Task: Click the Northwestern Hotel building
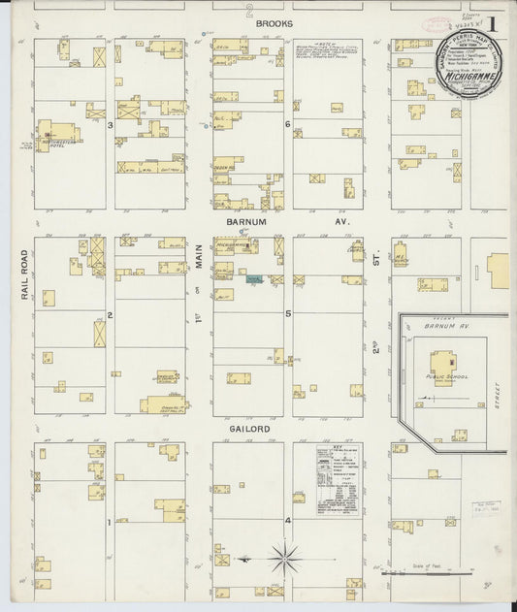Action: point(61,134)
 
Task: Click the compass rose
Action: point(285,558)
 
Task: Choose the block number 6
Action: point(288,125)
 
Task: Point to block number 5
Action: point(288,314)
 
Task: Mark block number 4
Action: point(288,521)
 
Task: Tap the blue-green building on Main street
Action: point(254,278)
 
